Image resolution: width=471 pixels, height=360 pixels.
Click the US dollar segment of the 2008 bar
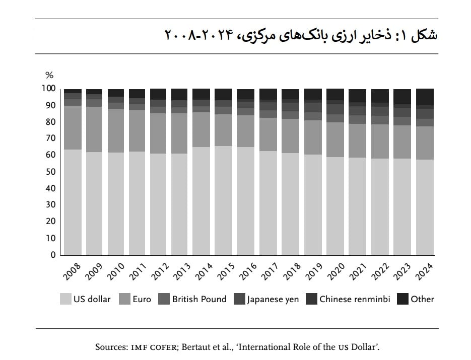tap(73, 202)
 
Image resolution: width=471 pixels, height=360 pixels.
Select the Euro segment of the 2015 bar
tap(223, 130)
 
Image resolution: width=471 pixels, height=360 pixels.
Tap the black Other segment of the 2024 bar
tap(425, 97)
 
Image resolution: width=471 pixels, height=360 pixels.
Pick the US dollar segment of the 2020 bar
tap(335, 206)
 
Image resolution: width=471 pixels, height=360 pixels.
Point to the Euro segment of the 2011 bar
tap(137, 130)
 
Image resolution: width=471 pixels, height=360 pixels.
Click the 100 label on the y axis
tap(49, 88)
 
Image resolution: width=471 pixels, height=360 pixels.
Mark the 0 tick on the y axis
tap(53, 255)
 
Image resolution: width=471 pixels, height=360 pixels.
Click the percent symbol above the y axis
tap(49, 75)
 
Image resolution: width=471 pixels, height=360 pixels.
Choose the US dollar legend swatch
tap(65, 299)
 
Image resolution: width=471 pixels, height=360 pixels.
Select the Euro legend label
tap(142, 299)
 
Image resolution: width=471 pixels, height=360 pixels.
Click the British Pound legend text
tap(199, 299)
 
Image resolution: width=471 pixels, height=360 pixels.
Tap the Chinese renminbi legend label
tap(355, 299)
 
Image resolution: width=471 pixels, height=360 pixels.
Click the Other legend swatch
tap(402, 299)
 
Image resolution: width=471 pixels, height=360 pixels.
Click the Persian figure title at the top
tap(301, 35)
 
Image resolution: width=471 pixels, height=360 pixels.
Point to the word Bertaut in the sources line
tap(194, 347)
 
